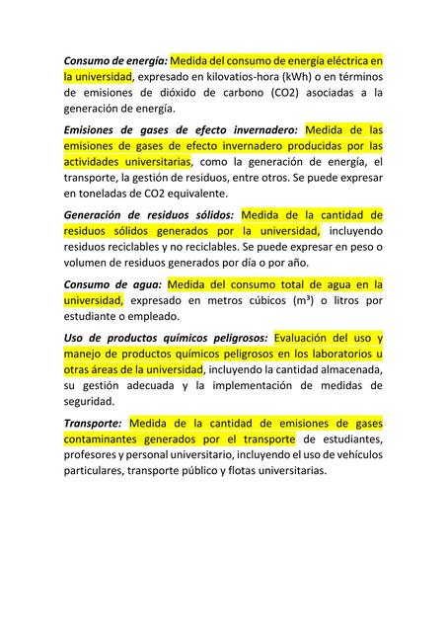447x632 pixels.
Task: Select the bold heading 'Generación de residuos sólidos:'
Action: (148, 214)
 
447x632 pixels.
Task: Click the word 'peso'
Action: (352, 247)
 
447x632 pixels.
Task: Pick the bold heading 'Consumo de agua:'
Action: (108, 283)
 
